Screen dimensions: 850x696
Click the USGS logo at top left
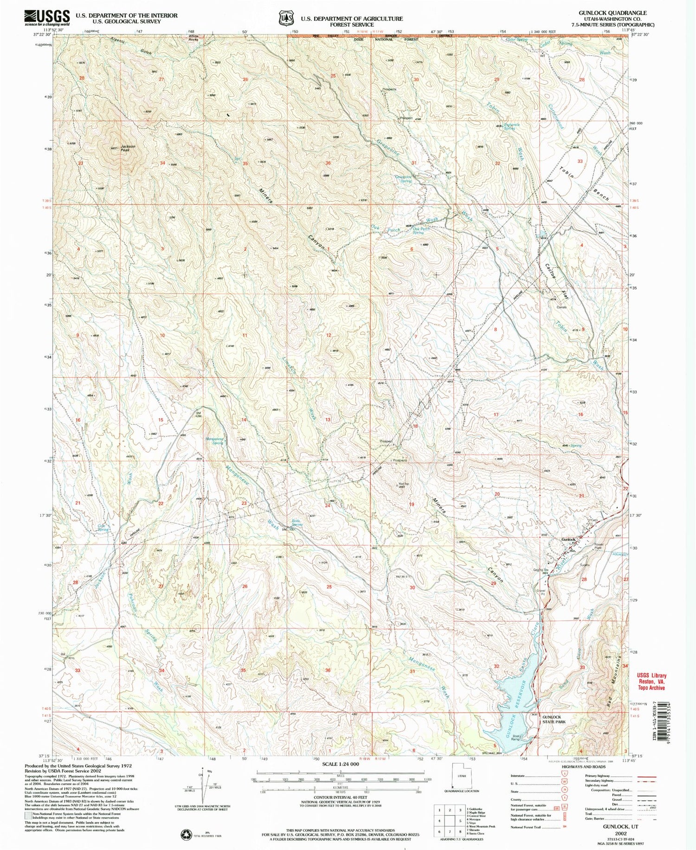click(x=47, y=18)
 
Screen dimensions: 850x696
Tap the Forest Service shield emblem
click(x=284, y=18)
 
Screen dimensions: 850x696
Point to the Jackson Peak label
click(x=128, y=148)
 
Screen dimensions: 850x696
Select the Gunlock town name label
click(x=568, y=539)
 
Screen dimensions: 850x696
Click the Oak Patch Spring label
click(x=421, y=230)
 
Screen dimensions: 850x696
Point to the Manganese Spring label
click(x=214, y=441)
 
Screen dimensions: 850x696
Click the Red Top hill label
click(x=403, y=485)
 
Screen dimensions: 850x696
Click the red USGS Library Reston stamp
click(x=651, y=681)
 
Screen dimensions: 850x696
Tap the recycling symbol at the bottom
click(x=187, y=834)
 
